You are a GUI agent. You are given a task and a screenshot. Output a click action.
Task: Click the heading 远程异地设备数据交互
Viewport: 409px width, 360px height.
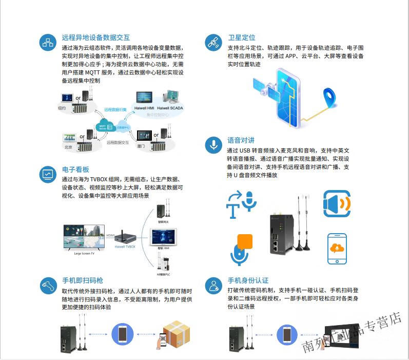point(95,37)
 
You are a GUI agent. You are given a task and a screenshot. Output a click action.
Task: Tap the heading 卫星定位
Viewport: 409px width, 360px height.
point(241,37)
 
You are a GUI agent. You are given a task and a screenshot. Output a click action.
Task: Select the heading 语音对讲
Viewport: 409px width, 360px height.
point(241,140)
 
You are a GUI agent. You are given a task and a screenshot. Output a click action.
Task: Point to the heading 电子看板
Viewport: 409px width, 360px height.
point(76,169)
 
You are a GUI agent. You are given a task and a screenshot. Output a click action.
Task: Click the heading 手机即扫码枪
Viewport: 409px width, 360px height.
point(83,280)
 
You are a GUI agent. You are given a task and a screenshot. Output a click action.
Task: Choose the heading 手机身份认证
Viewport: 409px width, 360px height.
point(248,280)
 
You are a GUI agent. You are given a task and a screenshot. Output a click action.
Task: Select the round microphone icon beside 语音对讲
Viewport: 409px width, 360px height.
point(213,145)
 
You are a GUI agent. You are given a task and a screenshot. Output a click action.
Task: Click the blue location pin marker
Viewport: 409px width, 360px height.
point(328,98)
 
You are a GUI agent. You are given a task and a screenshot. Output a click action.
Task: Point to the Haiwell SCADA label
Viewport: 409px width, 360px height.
point(170,108)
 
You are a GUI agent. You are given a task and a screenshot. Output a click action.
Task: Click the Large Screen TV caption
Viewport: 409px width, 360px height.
point(84,253)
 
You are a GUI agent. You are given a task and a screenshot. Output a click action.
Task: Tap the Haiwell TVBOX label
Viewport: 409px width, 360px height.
point(125,247)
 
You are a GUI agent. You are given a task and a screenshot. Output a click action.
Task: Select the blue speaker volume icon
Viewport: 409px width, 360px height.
point(337,203)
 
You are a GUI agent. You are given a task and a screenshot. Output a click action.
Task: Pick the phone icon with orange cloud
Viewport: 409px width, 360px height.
point(337,249)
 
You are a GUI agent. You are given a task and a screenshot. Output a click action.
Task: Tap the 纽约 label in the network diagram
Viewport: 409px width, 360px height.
point(62,108)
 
